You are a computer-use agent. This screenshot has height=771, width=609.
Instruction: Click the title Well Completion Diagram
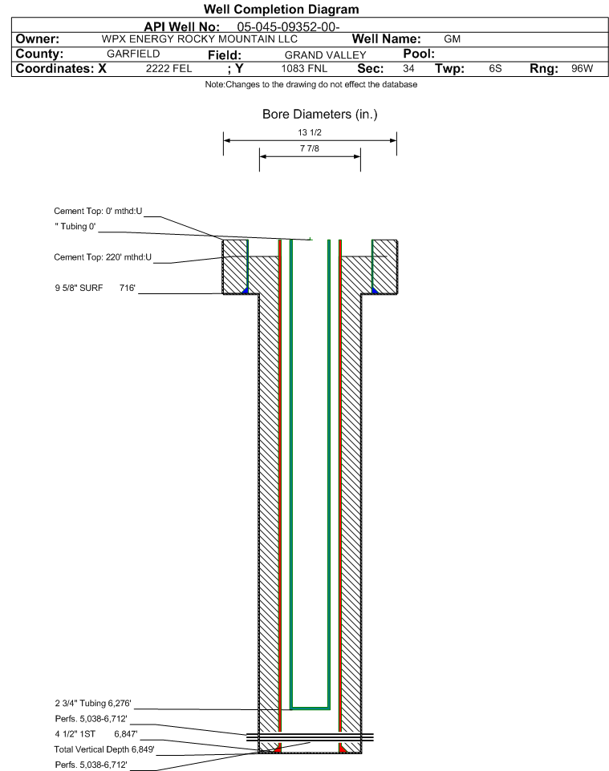pos(282,10)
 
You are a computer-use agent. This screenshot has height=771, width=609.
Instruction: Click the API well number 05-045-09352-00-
pos(288,27)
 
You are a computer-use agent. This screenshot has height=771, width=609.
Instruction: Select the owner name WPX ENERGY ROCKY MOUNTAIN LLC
pos(200,39)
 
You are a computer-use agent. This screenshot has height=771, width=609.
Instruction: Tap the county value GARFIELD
pos(133,54)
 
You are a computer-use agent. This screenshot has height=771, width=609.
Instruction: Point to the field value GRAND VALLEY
pos(326,55)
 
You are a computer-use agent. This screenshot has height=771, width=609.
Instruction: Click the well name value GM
pos(452,39)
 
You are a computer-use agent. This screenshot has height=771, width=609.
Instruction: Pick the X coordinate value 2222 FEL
pos(168,68)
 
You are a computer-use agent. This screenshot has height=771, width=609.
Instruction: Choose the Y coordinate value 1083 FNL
pos(304,68)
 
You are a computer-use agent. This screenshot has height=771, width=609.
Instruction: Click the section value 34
pos(408,68)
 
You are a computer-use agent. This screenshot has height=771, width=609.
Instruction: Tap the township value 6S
pos(495,68)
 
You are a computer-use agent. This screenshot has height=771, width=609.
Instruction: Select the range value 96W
pos(582,68)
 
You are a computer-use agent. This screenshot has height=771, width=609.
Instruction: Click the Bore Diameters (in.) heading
pos(320,115)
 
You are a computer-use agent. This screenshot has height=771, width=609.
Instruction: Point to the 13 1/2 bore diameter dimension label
pos(310,132)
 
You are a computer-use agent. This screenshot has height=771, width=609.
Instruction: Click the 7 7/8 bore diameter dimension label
pos(310,148)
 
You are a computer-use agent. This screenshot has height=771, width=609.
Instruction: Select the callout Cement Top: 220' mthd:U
pos(103,257)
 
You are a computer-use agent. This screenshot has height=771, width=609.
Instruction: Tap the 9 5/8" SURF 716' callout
pos(95,289)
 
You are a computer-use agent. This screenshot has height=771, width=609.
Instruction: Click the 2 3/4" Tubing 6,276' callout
pos(93,703)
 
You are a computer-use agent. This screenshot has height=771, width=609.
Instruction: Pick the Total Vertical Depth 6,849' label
pos(104,749)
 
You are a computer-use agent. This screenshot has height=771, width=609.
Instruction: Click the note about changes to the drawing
pos(311,85)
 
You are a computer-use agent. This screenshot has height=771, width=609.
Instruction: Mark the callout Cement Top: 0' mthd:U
pos(98,212)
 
